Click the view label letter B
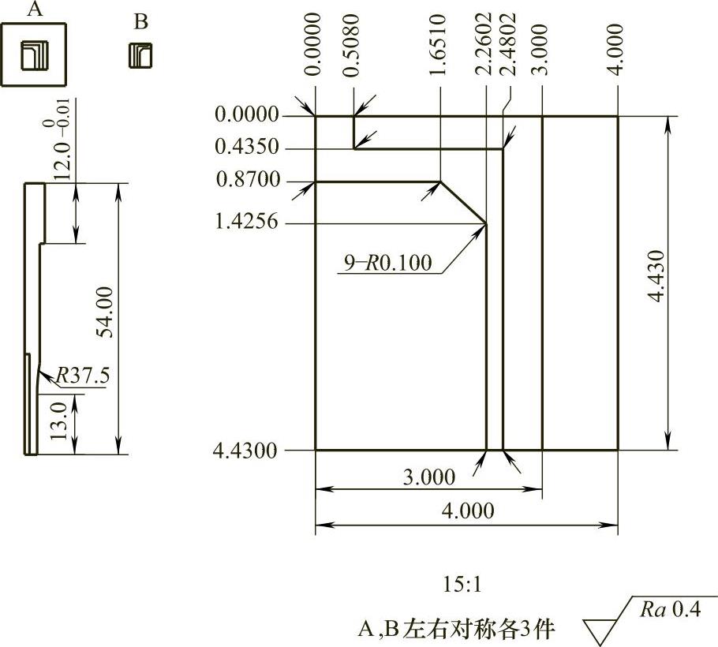[x=140, y=22]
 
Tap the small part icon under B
[x=140, y=54]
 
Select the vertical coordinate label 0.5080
[x=353, y=44]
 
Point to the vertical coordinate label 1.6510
[x=440, y=44]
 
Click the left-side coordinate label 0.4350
[x=247, y=148]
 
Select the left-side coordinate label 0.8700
[x=247, y=181]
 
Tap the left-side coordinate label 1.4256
[x=247, y=223]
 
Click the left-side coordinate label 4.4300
[x=245, y=451]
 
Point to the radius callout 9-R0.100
[x=387, y=263]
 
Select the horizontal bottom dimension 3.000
[x=428, y=477]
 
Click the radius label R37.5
[x=83, y=377]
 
